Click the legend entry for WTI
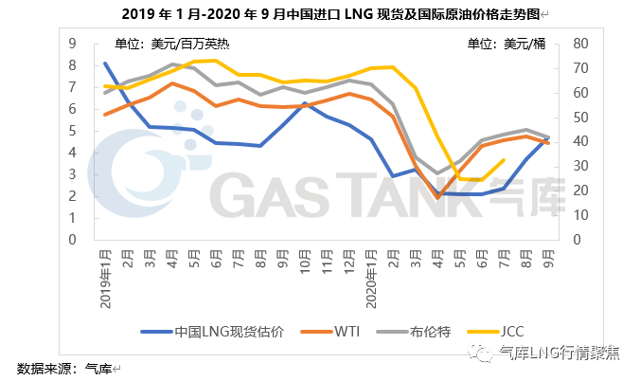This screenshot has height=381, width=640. click(x=346, y=331)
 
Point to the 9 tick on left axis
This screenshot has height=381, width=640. click(x=72, y=44)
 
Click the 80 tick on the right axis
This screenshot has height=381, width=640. click(x=579, y=44)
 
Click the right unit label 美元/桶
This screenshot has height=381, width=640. click(x=511, y=43)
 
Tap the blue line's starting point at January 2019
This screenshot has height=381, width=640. click(x=105, y=63)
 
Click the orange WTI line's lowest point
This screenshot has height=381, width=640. click(x=437, y=197)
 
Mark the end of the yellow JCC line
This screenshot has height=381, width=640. click(x=504, y=160)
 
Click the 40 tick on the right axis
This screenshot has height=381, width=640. click(x=579, y=141)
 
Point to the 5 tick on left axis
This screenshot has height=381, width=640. click(x=72, y=131)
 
